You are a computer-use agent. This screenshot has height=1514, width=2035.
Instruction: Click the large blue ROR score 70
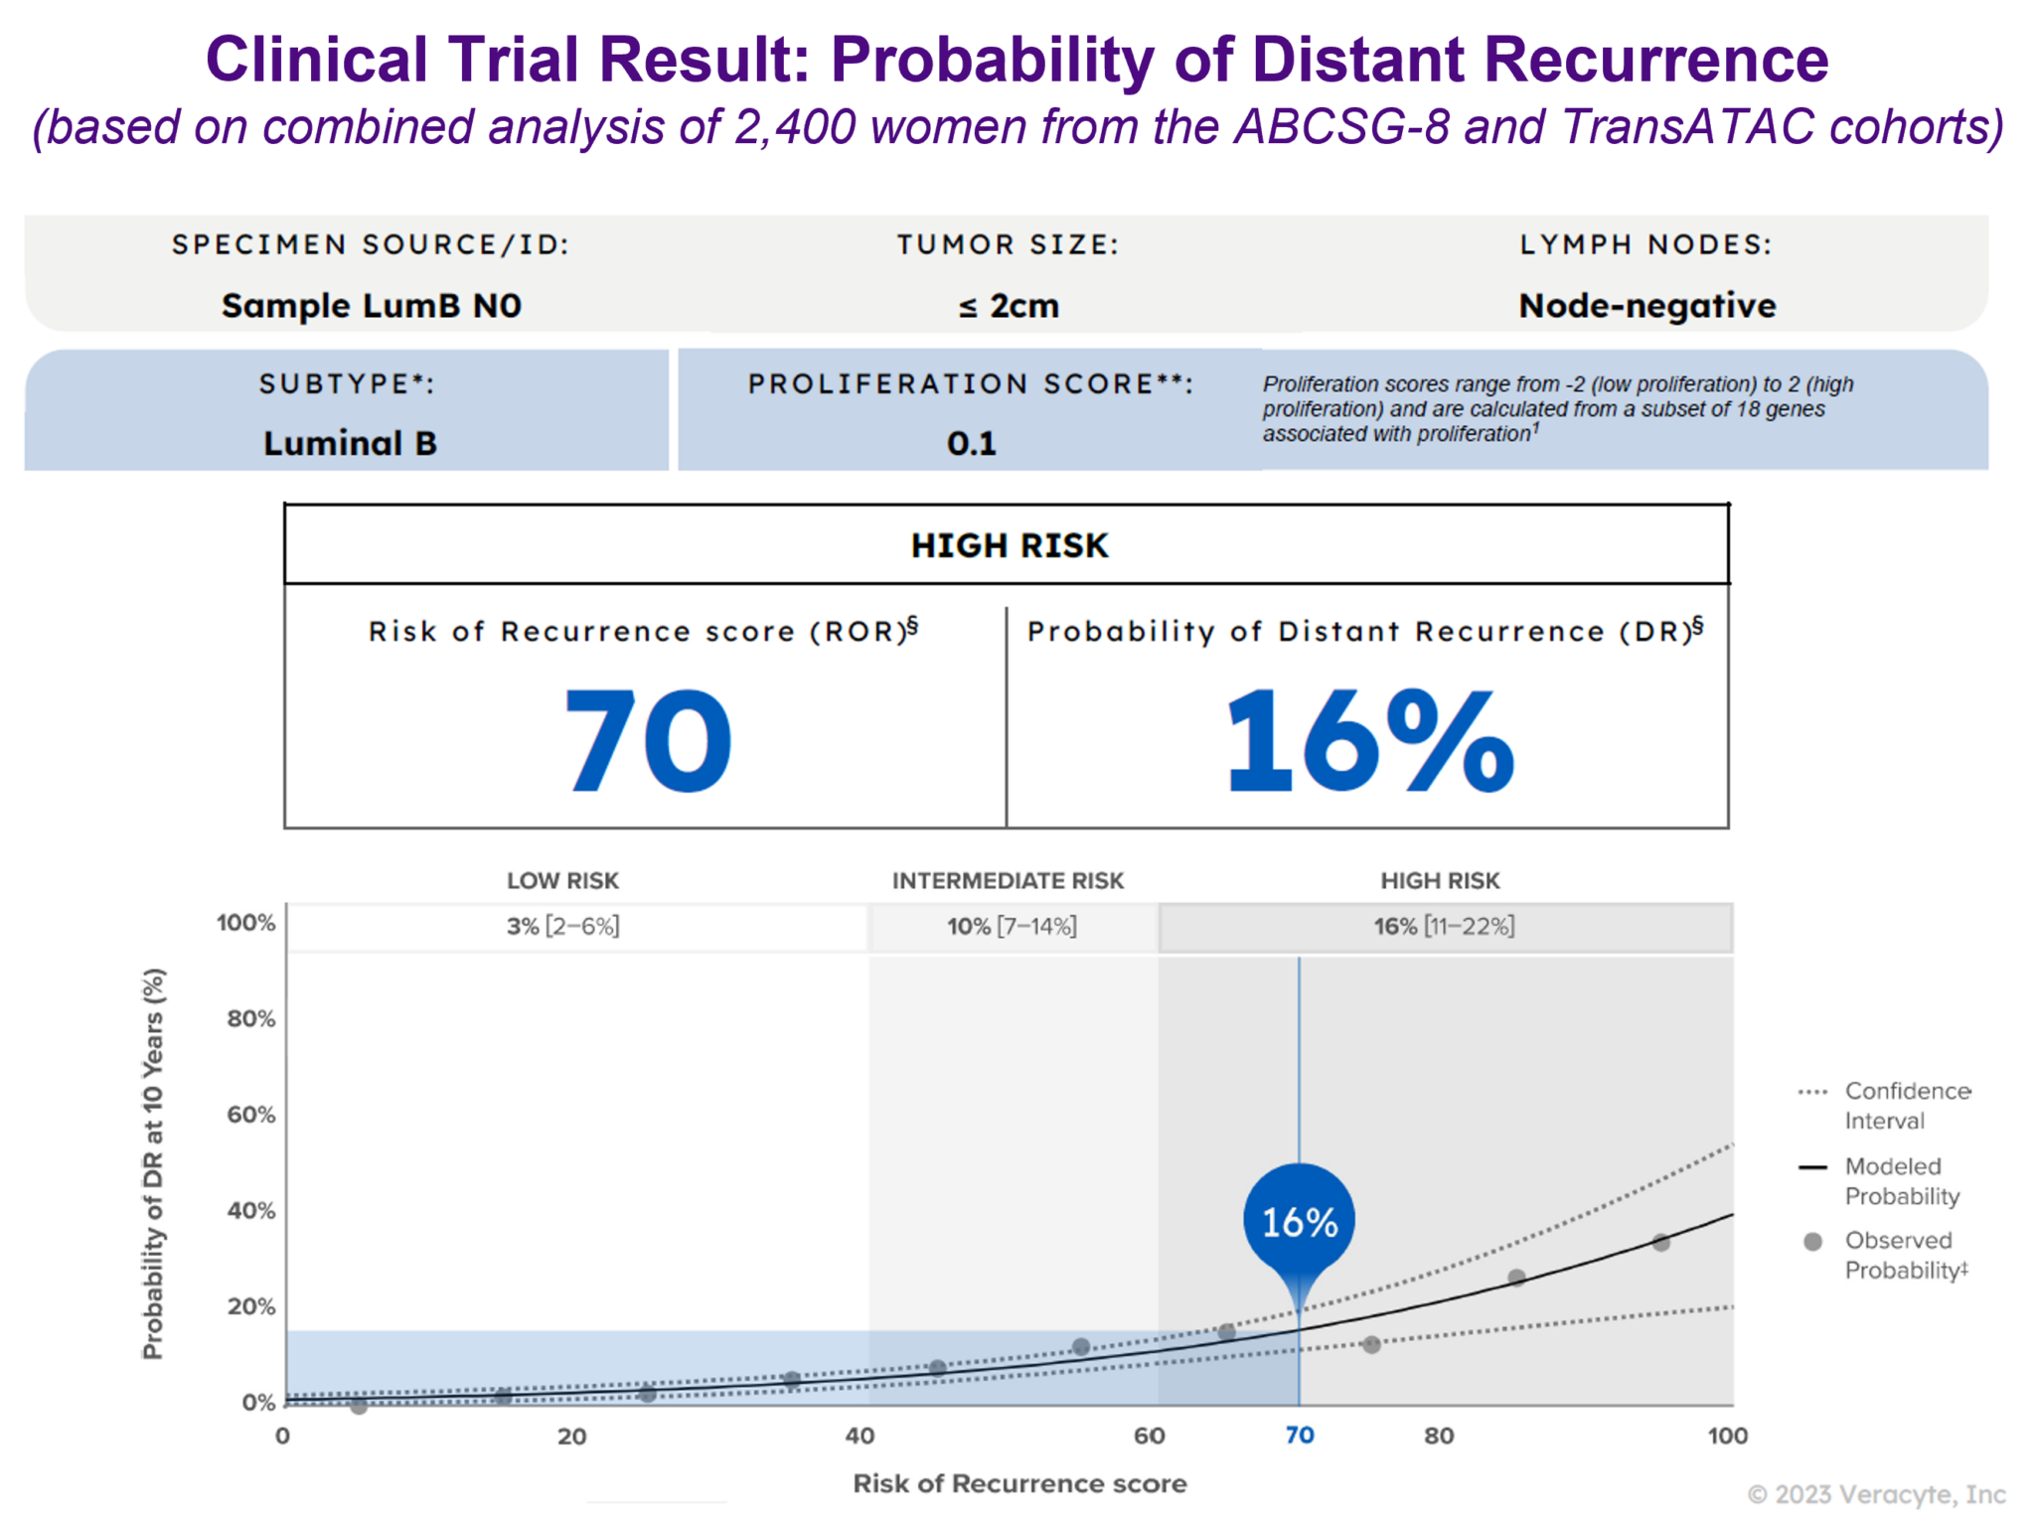pyautogui.click(x=648, y=741)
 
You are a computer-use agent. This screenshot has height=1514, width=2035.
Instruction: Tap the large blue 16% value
pyautogui.click(x=1370, y=741)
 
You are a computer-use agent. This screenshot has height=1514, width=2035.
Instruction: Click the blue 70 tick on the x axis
pyautogui.click(x=1299, y=1436)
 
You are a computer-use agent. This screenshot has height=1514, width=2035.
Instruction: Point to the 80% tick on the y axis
pyautogui.click(x=250, y=1018)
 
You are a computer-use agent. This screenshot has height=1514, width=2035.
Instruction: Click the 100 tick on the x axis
pyautogui.click(x=1727, y=1436)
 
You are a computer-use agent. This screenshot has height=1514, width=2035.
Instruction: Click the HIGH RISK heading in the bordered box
pyautogui.click(x=1009, y=545)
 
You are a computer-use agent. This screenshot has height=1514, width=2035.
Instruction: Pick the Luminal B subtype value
pyautogui.click(x=350, y=443)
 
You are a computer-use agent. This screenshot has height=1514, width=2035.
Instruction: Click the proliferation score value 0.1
pyautogui.click(x=971, y=443)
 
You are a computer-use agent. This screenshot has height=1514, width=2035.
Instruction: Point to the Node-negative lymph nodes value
pyautogui.click(x=1646, y=306)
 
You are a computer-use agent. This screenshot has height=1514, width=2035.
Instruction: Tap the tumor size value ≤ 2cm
pyautogui.click(x=1009, y=306)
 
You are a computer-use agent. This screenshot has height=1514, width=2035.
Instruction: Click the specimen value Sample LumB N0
pyautogui.click(x=372, y=306)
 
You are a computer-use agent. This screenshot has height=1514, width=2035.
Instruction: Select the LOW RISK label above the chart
pyautogui.click(x=562, y=880)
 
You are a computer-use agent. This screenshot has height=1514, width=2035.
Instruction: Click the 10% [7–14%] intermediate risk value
pyautogui.click(x=1012, y=926)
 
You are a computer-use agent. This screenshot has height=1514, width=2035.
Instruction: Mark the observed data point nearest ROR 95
pyautogui.click(x=1660, y=1242)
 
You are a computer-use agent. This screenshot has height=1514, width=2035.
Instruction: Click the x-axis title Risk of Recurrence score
pyautogui.click(x=1019, y=1483)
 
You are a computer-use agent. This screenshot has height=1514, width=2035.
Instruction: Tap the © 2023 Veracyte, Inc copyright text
pyautogui.click(x=1876, y=1494)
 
